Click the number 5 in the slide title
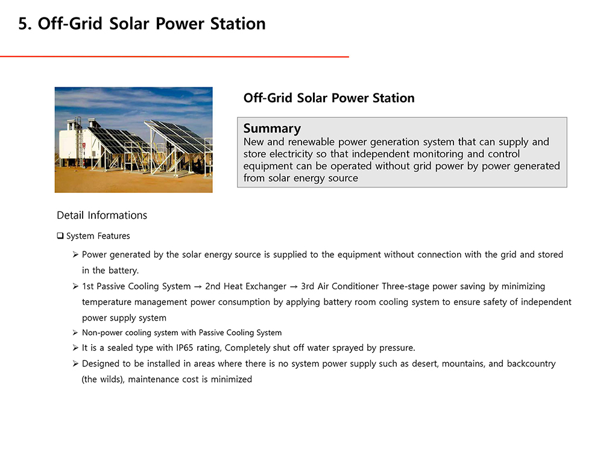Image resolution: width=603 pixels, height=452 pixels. pyautogui.click(x=23, y=24)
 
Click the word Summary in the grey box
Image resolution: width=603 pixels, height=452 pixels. pyautogui.click(x=272, y=129)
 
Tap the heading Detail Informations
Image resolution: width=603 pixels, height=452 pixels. pyautogui.click(x=102, y=215)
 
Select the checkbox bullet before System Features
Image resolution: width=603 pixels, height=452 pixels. pyautogui.click(x=60, y=236)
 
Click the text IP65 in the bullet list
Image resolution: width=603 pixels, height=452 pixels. pyautogui.click(x=185, y=348)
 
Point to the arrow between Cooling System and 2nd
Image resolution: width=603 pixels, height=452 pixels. pyautogui.click(x=198, y=287)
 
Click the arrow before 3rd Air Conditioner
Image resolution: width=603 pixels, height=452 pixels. pyautogui.click(x=294, y=287)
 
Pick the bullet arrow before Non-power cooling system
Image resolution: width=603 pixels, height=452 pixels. pyautogui.click(x=75, y=333)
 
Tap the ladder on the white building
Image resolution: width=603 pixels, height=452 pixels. pyautogui.click(x=79, y=142)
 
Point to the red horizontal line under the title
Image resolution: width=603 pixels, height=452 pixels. pyautogui.click(x=174, y=57)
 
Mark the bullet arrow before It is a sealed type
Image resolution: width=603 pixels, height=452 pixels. pyautogui.click(x=75, y=348)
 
